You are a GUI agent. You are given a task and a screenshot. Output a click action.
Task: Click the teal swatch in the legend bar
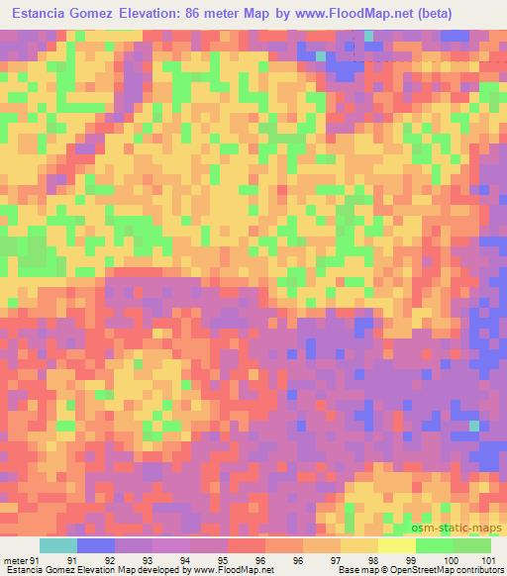click(58, 545)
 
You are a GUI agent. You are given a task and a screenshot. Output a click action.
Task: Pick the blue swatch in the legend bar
click(96, 545)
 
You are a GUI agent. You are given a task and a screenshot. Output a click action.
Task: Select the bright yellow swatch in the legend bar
click(396, 545)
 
